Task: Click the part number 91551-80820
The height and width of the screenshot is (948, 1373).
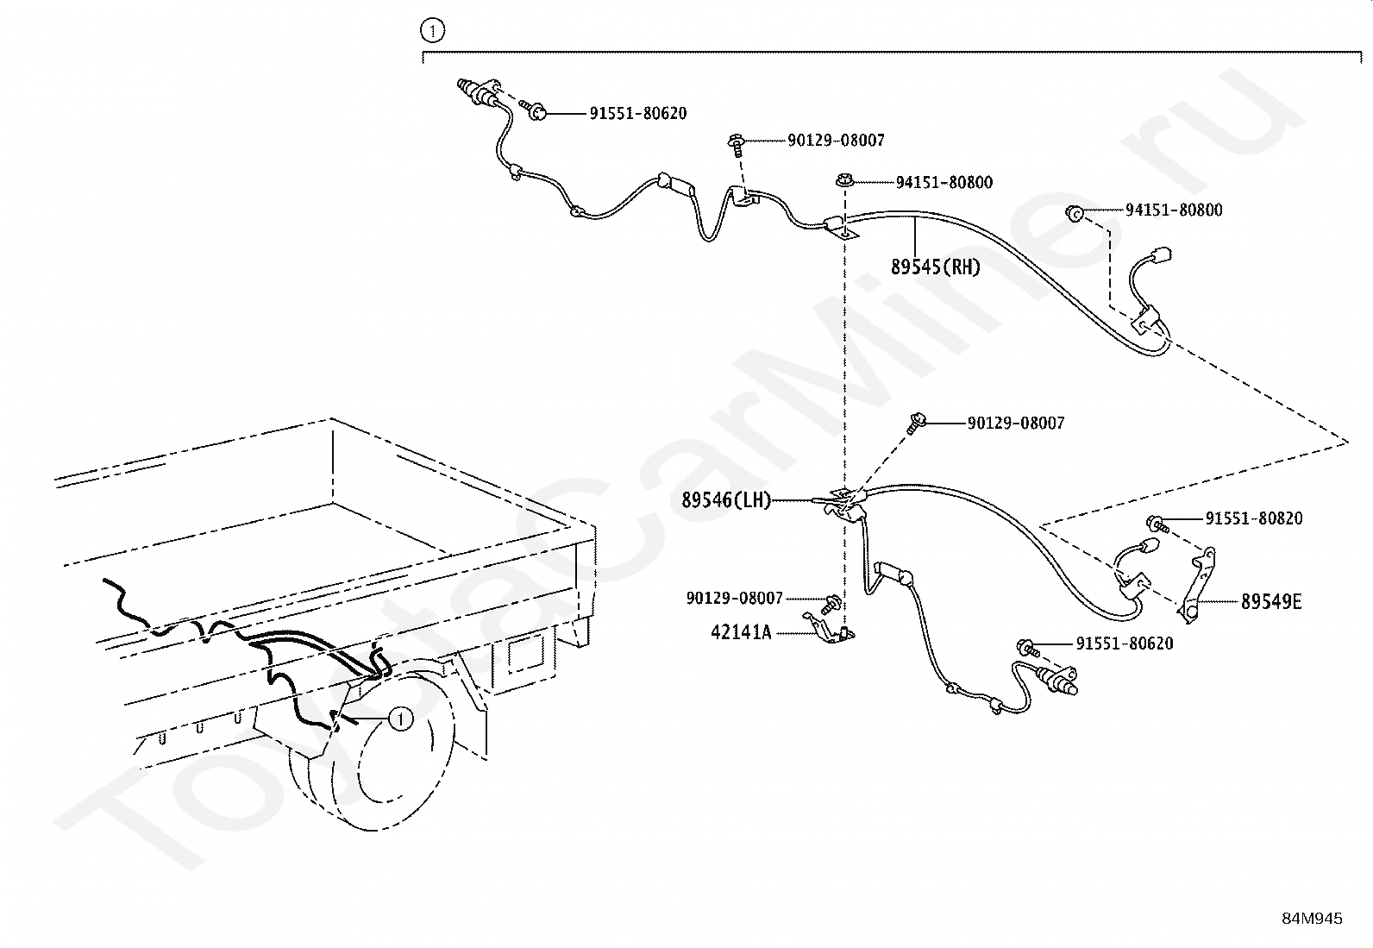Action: (x=1253, y=518)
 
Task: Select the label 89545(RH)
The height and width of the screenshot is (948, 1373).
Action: (x=936, y=267)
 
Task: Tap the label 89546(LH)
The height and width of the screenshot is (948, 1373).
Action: (x=725, y=500)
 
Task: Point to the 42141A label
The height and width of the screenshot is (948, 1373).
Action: (x=741, y=632)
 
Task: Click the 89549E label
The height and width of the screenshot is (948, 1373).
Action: (x=1271, y=602)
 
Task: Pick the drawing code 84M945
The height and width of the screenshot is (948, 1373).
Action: (x=1312, y=919)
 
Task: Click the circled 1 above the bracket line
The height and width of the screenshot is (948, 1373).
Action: (x=433, y=30)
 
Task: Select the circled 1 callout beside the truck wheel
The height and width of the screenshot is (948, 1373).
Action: (x=401, y=719)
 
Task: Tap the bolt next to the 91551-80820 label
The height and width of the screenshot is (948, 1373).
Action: (x=1157, y=524)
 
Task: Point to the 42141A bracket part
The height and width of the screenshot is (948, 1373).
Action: (x=829, y=629)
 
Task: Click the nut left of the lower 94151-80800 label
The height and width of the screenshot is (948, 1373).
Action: (x=1075, y=213)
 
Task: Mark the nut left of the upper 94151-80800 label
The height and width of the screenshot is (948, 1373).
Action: (x=844, y=181)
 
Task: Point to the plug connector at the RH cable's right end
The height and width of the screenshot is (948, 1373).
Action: (x=1161, y=255)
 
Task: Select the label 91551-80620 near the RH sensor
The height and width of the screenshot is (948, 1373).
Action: (x=638, y=114)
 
